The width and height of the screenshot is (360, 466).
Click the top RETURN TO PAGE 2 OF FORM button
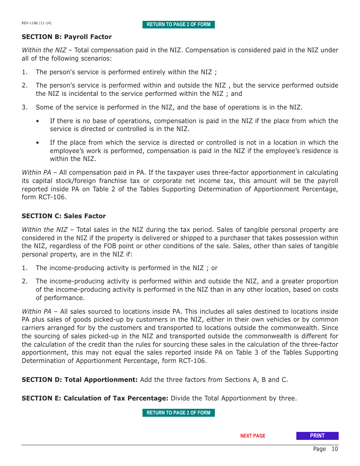(x=178, y=25)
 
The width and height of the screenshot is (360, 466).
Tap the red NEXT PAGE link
(x=253, y=436)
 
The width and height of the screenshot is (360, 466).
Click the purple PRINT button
(x=317, y=436)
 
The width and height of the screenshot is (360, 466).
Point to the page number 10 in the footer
(x=334, y=449)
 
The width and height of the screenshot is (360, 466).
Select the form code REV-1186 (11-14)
(x=36, y=23)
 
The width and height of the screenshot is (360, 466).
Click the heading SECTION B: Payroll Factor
(x=67, y=37)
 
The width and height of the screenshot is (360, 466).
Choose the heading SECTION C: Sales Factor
(x=64, y=216)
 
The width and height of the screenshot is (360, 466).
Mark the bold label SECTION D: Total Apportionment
(x=80, y=380)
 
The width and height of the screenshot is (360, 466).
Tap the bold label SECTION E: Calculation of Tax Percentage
(x=95, y=398)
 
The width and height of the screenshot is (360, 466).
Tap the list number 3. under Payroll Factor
(x=25, y=107)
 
